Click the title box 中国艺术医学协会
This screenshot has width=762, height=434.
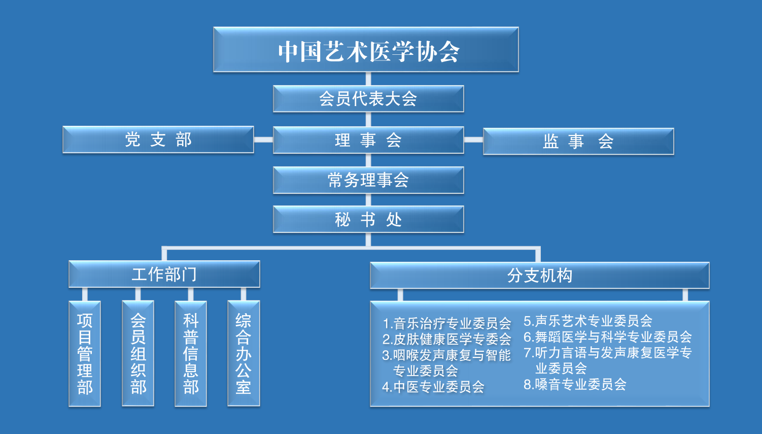coord(366,50)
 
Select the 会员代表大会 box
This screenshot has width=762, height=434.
coord(368,98)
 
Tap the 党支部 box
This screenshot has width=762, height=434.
coord(158,140)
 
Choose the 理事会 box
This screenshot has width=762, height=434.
coord(368,140)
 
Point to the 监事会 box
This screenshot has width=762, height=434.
coord(578,141)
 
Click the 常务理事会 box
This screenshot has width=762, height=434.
coord(368,180)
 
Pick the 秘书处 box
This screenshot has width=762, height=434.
coord(368,219)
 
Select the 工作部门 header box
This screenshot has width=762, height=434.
coord(164,274)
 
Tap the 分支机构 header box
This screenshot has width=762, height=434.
coord(540,276)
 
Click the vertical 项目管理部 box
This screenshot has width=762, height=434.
coord(85,354)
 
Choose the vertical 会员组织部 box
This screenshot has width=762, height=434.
coord(138,354)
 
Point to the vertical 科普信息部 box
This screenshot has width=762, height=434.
coord(191,354)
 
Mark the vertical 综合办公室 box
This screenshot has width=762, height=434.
coord(244,354)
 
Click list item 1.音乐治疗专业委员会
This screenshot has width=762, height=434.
coord(447,323)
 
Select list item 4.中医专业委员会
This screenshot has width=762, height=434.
coord(434,387)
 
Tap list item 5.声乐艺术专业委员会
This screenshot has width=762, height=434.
coord(588,321)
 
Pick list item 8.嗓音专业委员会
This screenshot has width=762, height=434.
coord(575,384)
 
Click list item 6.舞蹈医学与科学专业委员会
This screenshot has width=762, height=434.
coord(608,337)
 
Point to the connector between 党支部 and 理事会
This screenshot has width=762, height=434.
coord(263,140)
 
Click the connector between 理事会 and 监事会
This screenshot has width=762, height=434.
coord(473,140)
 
